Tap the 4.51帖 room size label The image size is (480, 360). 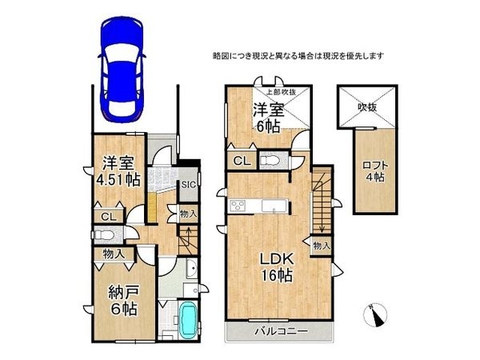pyautogui.click(x=116, y=179)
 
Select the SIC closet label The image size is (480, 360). pyautogui.click(x=188, y=185)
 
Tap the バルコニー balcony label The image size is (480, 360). pyautogui.click(x=278, y=330)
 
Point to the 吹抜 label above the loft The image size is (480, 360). pyautogui.click(x=367, y=105)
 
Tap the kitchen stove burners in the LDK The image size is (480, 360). pyautogui.click(x=238, y=207)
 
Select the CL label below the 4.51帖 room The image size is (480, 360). pyautogui.click(x=106, y=216)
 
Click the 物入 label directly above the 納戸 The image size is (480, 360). pyautogui.click(x=113, y=254)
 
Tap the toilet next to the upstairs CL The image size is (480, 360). pyautogui.click(x=271, y=160)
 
